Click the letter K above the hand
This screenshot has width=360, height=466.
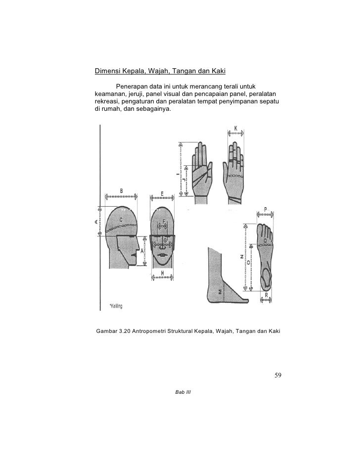235,129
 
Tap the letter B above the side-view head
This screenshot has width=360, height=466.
121,191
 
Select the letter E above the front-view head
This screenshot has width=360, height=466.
162,193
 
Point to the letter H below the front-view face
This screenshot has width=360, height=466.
162,274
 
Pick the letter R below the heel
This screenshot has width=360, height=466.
266,295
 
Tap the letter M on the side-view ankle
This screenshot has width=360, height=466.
220,292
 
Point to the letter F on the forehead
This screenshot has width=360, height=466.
164,221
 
